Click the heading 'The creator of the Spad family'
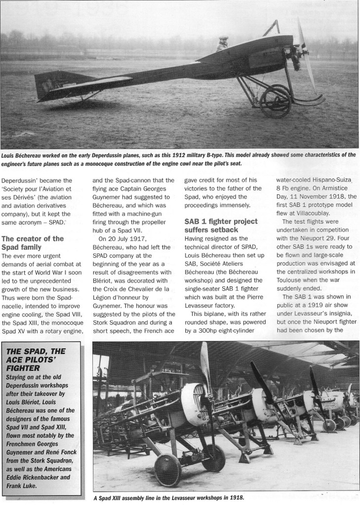tap(33, 242)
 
